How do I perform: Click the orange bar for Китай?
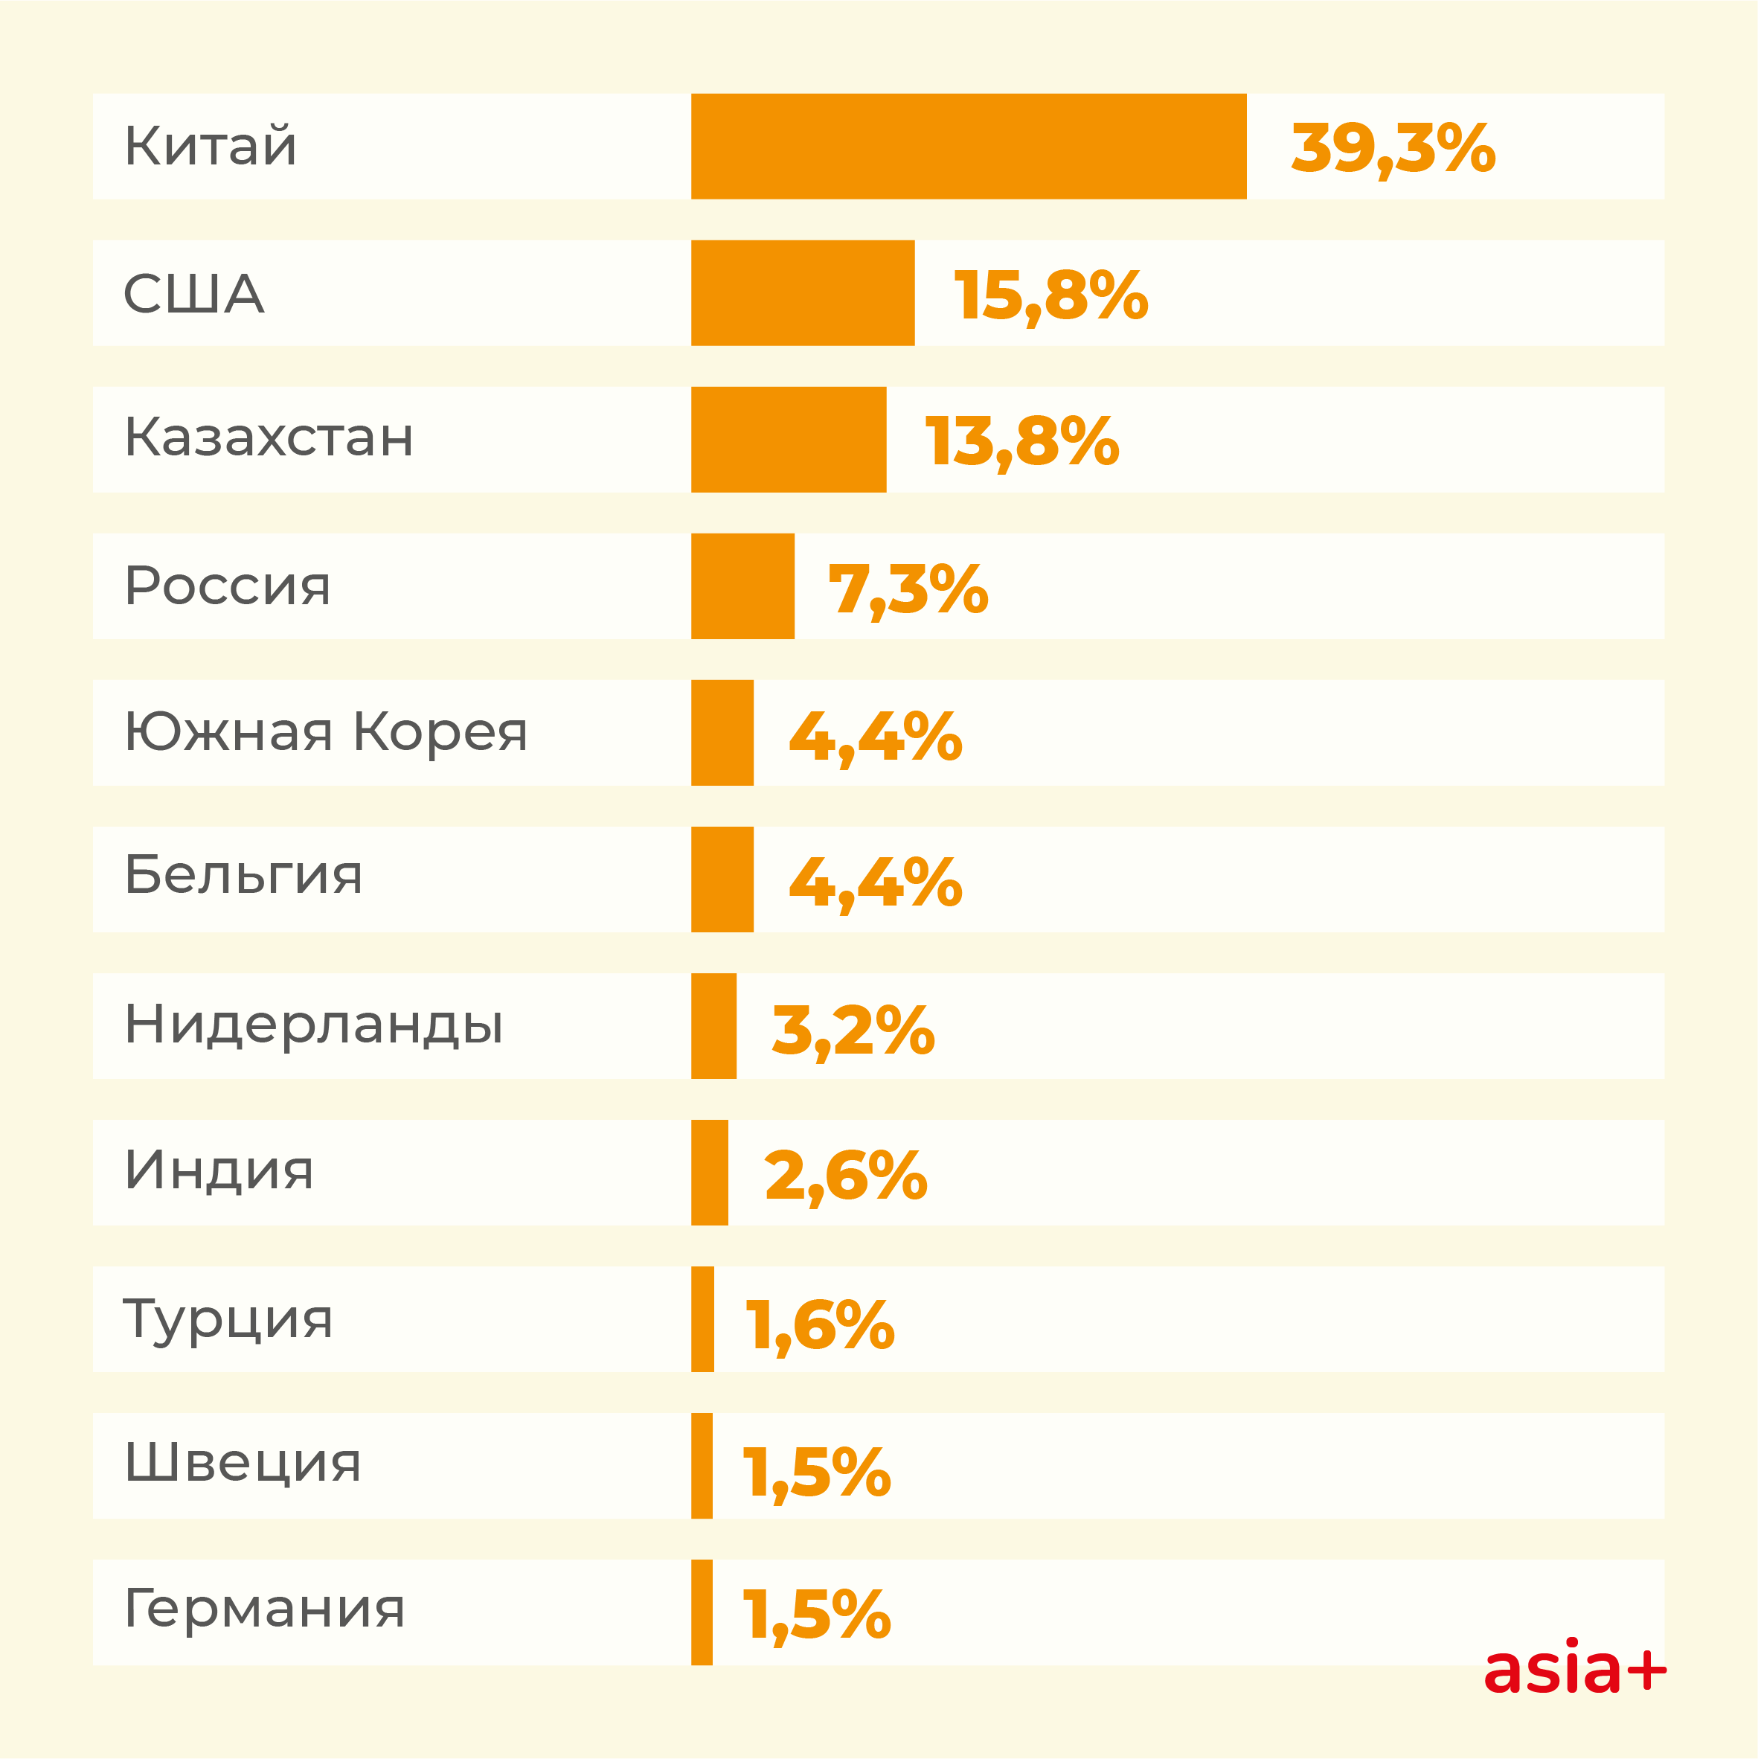pos(968,146)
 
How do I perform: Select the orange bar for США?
pos(802,292)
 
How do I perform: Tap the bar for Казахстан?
pos(789,439)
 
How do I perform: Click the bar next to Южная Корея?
pos(722,732)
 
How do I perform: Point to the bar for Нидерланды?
pos(713,1025)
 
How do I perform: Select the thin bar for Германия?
pos(702,1612)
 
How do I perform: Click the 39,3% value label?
pos(1393,147)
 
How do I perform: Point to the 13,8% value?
pos(1021,441)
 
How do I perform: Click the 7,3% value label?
pos(908,589)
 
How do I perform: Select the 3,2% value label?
pos(853,1030)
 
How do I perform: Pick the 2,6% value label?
pos(846,1176)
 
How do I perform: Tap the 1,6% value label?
pos(819,1324)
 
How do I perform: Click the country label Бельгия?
pos(243,875)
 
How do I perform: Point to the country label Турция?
pos(228,1319)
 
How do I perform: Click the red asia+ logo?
pos(1575,1669)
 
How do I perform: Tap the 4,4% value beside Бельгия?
pos(875,882)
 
